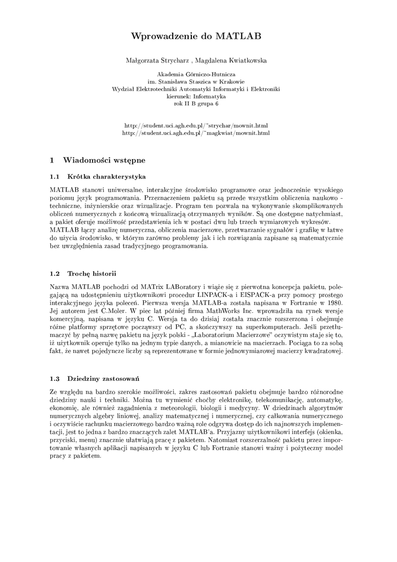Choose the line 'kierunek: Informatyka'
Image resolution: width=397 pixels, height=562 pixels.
tap(195, 95)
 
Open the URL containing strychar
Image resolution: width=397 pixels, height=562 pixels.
tap(196, 126)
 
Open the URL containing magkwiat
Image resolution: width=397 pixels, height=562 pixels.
tap(196, 133)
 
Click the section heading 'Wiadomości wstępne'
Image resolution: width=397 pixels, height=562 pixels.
tap(104, 161)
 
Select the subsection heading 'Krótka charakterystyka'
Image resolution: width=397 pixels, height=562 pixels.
tap(106, 177)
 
